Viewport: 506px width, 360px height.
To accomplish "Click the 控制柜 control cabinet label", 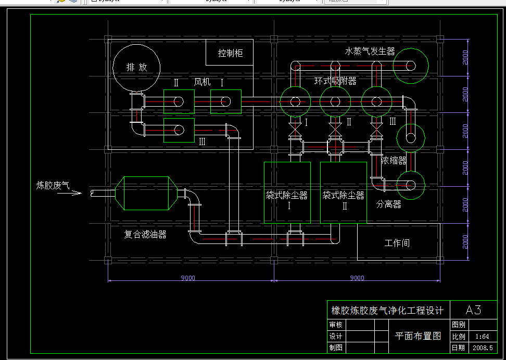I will [230, 53].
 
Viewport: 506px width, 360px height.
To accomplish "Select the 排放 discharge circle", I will [136, 67].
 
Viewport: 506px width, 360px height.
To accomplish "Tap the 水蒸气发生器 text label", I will [370, 52].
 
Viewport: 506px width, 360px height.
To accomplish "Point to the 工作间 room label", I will [397, 243].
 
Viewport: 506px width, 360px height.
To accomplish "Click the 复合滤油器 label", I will [145, 235].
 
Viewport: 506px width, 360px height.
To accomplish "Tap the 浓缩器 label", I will [394, 160].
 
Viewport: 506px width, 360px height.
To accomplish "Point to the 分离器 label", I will [389, 204].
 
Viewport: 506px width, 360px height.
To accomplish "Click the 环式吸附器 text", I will [335, 81].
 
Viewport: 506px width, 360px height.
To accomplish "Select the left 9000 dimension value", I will [188, 278].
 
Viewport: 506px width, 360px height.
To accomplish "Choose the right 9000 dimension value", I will [357, 278].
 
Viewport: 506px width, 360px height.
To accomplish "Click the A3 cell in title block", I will [473, 311].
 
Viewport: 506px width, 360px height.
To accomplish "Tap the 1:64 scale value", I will [482, 337].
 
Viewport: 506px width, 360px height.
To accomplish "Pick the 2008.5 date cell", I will [482, 348].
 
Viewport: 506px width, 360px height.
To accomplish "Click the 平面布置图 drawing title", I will [418, 336].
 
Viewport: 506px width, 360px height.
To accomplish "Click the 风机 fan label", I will [202, 82].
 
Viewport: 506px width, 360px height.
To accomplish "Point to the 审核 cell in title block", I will [336, 325].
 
